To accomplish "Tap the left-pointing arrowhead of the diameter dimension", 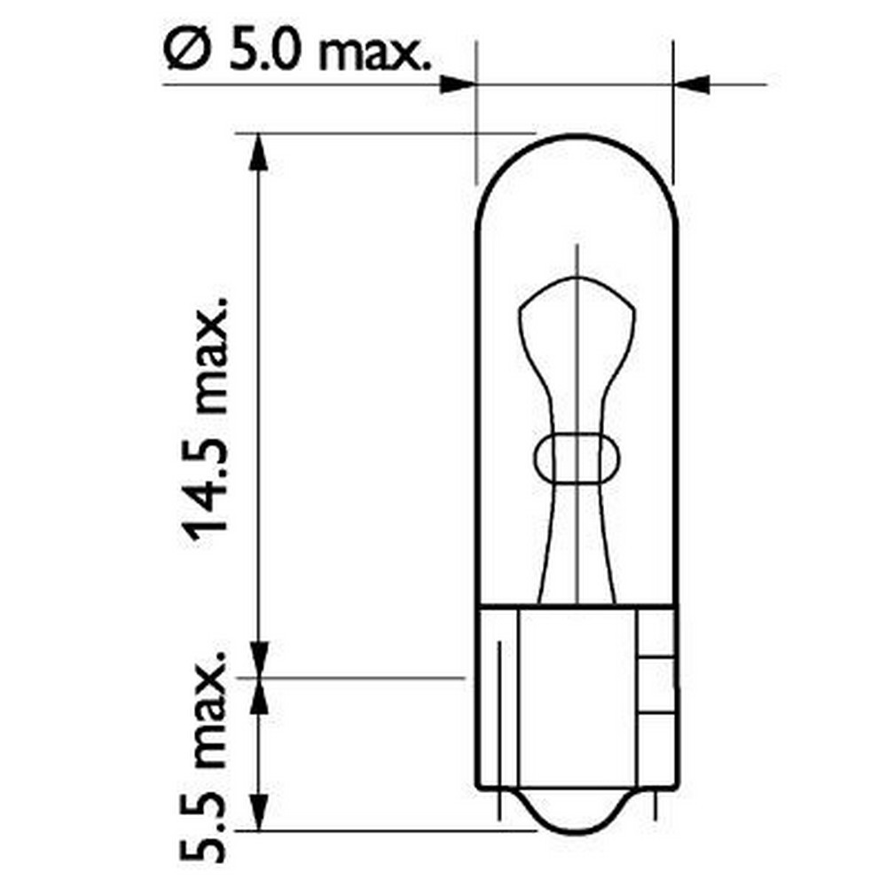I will [x=693, y=85].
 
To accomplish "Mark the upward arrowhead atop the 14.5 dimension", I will [x=258, y=151].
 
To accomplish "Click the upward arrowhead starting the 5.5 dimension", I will [x=258, y=697].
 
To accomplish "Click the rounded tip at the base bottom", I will [x=577, y=820].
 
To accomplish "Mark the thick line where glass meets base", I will [x=577, y=606].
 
